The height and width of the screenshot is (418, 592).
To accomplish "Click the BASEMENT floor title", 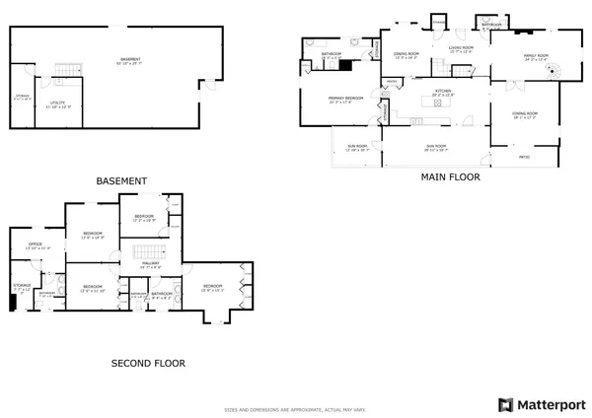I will click(121, 181).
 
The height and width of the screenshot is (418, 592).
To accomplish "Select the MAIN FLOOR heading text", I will click(451, 177).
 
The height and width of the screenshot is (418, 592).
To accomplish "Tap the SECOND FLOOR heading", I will click(147, 363).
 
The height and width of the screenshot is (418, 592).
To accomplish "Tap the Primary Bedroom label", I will click(345, 98).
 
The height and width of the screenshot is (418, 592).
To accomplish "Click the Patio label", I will click(524, 156).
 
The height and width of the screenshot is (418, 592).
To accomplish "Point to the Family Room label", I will click(535, 57).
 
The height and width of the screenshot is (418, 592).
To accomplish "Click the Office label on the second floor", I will click(35, 245).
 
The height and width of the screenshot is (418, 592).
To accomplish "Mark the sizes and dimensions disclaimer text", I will click(295, 406).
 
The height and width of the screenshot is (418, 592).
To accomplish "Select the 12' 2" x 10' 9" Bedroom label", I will click(144, 217).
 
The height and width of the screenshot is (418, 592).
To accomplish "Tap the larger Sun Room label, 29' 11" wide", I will click(436, 146).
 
